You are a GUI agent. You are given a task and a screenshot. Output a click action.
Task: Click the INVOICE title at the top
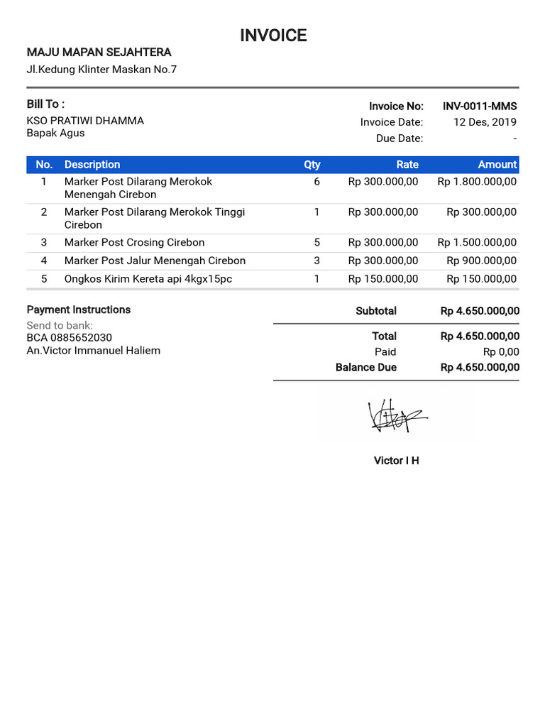coord(273,35)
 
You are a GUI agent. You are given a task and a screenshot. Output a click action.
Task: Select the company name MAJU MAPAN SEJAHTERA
coord(99,53)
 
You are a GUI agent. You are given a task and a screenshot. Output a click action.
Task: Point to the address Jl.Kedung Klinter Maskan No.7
coord(101,70)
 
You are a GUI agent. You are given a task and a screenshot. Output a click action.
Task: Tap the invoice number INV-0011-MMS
coord(480,106)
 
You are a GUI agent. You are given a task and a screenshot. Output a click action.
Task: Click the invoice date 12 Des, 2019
coord(485,122)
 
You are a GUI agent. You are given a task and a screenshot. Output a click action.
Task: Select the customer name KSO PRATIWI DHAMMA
coord(85,121)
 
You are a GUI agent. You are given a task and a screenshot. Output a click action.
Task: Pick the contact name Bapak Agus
coord(55,133)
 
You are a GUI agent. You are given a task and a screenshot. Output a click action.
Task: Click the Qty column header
coord(312,165)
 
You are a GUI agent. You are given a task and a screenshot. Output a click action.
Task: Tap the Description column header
coord(92,165)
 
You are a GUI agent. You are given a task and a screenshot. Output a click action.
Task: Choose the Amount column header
coord(497,165)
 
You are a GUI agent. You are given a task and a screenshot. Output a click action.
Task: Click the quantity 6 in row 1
coord(316,182)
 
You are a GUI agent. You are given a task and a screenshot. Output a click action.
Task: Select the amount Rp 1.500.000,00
coord(477,243)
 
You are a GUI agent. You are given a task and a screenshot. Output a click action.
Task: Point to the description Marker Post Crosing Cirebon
coord(134,243)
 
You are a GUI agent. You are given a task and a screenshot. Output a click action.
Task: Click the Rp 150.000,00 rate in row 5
coord(383,279)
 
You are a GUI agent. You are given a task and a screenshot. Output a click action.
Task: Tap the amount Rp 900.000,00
coord(482,261)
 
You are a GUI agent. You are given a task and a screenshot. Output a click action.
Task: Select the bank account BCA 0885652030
coord(69,338)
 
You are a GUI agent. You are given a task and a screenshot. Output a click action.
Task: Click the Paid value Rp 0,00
coord(501,352)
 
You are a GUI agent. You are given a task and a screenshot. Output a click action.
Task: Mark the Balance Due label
coord(366,368)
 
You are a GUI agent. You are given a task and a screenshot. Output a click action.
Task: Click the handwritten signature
coord(395,417)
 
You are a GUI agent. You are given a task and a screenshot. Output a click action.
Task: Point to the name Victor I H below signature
coord(396,461)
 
